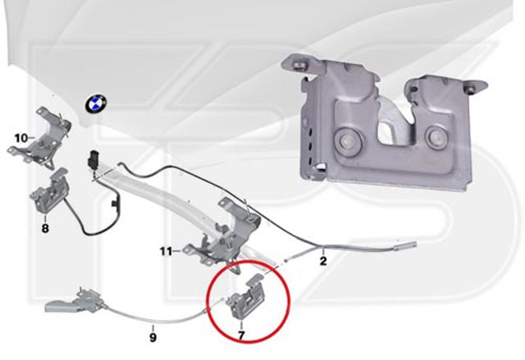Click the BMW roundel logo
[95, 103]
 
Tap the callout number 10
[21, 138]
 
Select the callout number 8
[45, 228]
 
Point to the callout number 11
[166, 251]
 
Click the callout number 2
[323, 261]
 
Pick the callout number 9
[153, 337]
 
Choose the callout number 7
[241, 335]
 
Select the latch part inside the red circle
[247, 295]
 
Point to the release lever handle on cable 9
[75, 300]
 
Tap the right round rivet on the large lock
[436, 136]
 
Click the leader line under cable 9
[153, 327]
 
